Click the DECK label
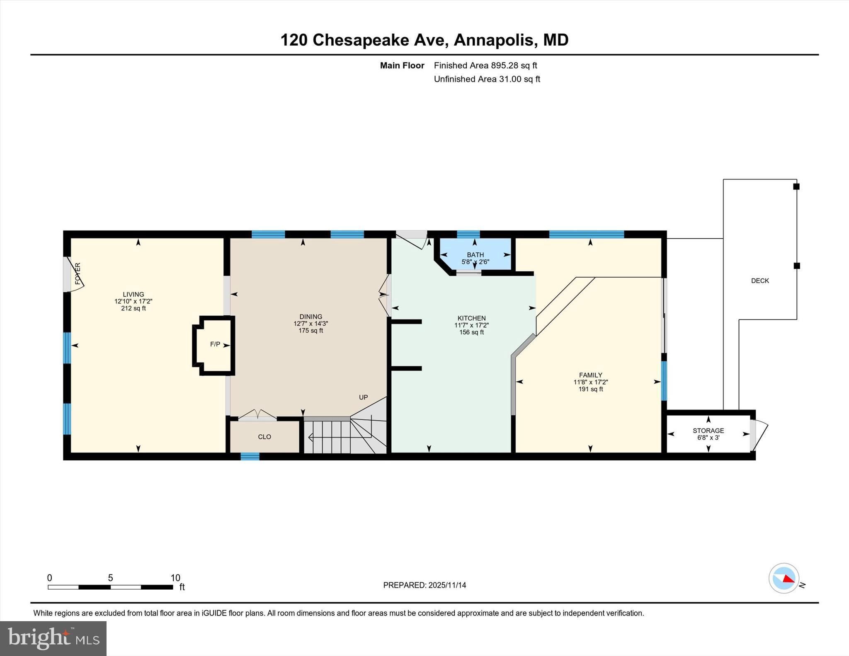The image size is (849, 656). (x=760, y=281)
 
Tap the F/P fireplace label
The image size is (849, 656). (x=215, y=344)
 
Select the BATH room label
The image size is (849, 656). (x=475, y=255)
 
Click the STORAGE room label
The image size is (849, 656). (x=708, y=431)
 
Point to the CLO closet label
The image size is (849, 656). (x=264, y=437)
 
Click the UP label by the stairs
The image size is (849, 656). (x=363, y=397)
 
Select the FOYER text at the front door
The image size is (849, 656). (x=78, y=273)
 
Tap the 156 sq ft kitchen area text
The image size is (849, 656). (x=471, y=332)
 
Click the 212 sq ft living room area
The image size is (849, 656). (x=133, y=308)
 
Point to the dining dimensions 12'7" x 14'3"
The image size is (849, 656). (x=310, y=324)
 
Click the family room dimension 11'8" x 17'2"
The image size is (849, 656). (x=590, y=382)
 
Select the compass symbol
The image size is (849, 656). (x=784, y=578)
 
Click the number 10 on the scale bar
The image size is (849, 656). (x=175, y=578)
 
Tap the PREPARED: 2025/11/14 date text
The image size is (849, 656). (x=424, y=585)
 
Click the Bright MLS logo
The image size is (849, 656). (x=53, y=638)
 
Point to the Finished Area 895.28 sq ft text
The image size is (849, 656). (x=485, y=65)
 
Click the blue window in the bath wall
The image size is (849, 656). (x=468, y=234)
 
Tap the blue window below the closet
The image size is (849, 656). (x=250, y=456)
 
